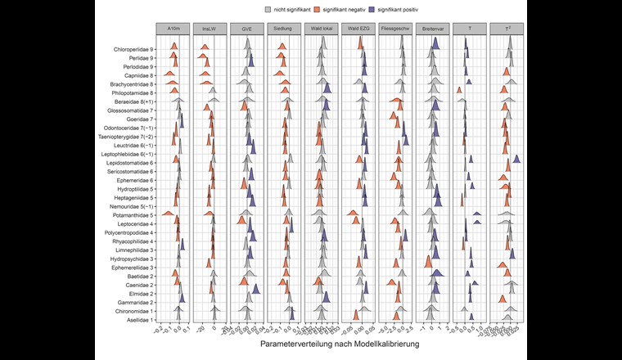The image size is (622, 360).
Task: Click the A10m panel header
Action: coord(174,28)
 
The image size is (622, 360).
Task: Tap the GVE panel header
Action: coord(247,28)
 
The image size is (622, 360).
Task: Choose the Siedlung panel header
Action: coord(284,28)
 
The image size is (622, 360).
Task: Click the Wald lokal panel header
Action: coord(321,28)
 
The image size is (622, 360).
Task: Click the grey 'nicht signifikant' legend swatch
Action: coord(269,9)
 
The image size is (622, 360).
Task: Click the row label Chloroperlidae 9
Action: coord(134,49)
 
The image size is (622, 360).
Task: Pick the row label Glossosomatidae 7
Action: coord(133,110)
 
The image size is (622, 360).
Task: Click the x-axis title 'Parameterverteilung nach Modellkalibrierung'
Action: coord(340,344)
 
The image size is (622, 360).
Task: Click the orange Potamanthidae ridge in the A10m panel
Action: coord(167,214)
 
